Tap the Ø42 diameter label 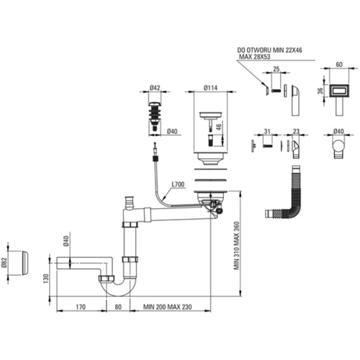click(x=155, y=89)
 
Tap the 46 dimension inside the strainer click(x=217, y=126)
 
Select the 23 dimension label click(x=297, y=130)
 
